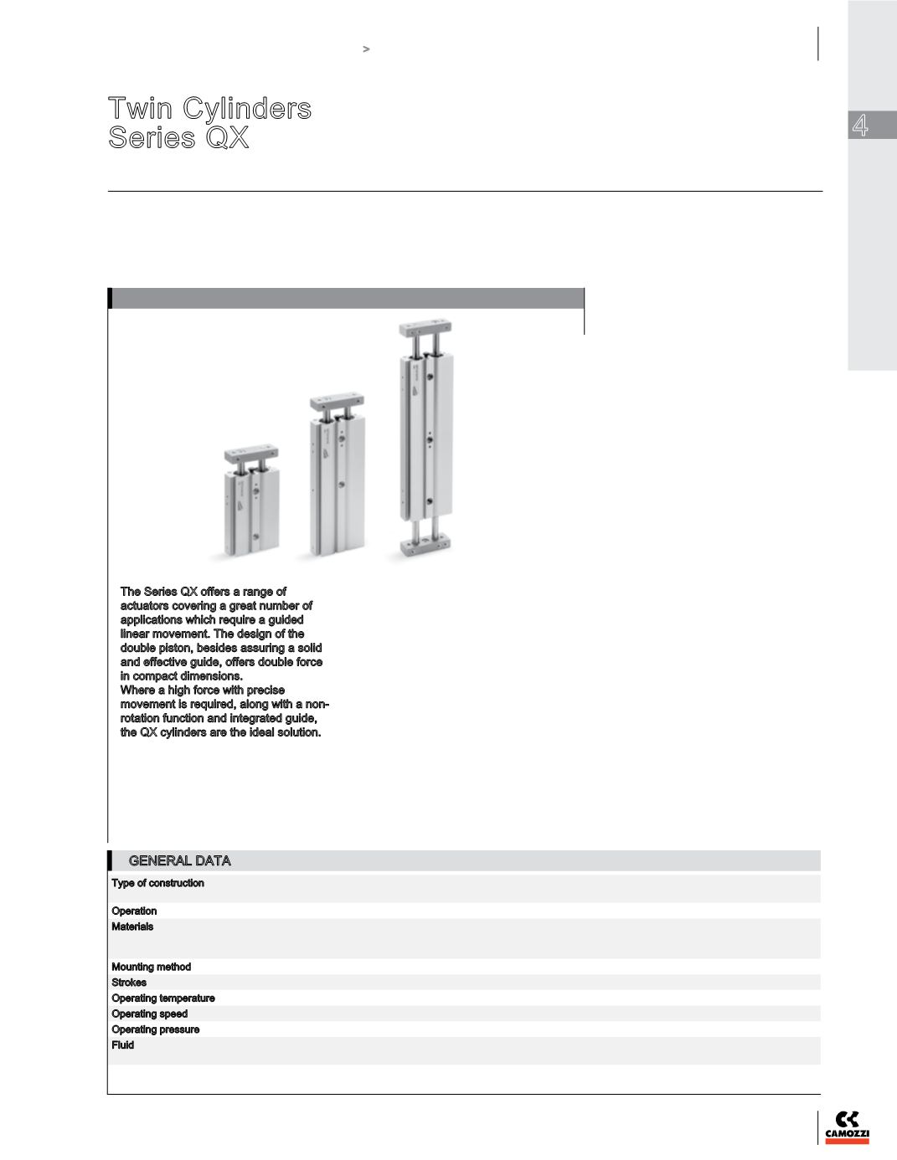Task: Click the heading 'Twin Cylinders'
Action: point(209,108)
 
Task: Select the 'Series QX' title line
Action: point(178,137)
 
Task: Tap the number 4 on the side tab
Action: point(859,126)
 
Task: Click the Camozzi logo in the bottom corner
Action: point(847,1127)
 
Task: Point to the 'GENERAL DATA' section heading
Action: point(179,860)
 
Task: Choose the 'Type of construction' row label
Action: point(157,883)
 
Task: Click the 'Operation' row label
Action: point(134,911)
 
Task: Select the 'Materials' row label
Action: point(132,926)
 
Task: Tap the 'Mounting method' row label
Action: point(151,967)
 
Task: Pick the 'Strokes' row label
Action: point(129,983)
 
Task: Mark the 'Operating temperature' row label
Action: point(162,998)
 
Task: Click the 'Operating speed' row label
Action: point(149,1014)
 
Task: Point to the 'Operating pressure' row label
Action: point(155,1029)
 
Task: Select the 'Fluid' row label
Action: point(122,1045)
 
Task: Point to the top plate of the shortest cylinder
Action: point(250,455)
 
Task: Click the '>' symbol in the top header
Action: point(366,49)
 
